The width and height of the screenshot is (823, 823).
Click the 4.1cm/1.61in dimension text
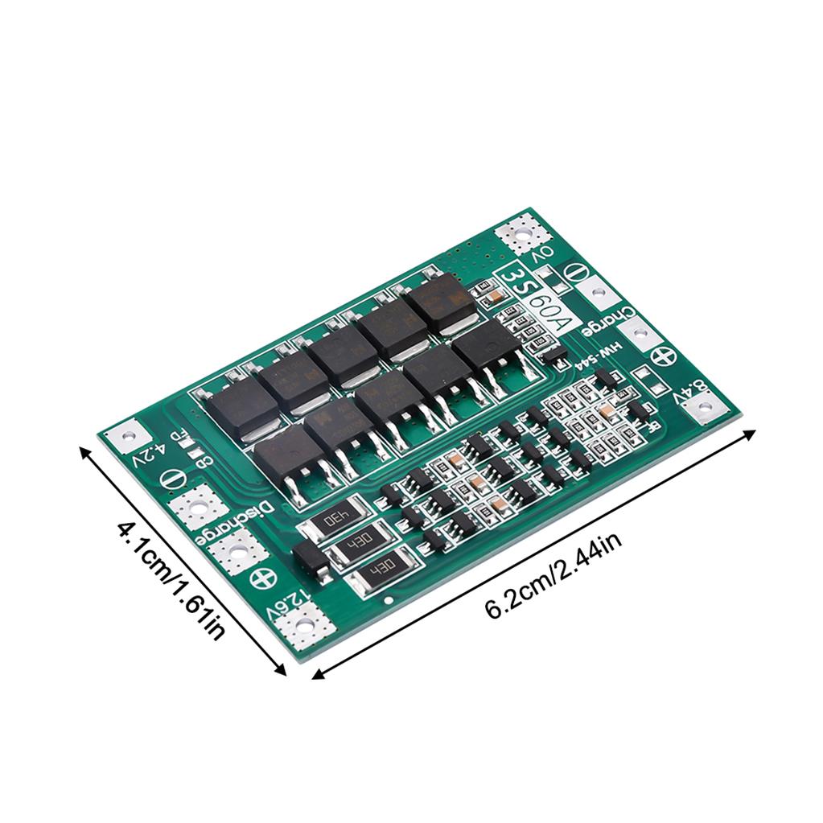pos(168,576)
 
